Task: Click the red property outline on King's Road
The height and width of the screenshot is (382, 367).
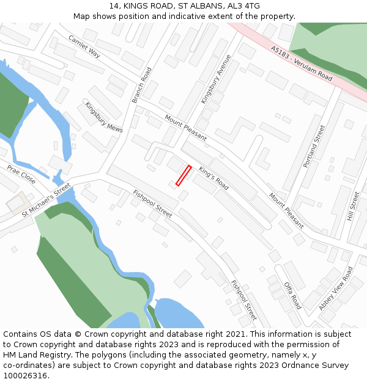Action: point(183,175)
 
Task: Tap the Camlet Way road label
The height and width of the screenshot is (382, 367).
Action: point(84,46)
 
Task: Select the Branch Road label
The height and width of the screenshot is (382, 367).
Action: point(141,85)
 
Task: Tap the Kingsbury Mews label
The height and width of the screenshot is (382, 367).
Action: point(103,117)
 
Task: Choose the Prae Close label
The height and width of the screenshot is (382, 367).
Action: point(21,174)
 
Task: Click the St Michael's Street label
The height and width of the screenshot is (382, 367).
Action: point(46,202)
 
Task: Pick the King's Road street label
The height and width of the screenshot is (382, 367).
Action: point(213,178)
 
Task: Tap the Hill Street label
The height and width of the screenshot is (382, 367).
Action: point(354,206)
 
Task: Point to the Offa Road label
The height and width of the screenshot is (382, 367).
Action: point(292,295)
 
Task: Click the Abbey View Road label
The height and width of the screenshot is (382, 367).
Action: point(336,288)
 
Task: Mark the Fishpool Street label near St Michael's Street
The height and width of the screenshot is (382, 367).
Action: point(152,204)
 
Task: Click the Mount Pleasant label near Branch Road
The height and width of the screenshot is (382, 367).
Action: point(186,128)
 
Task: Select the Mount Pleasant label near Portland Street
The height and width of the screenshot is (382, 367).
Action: point(286,210)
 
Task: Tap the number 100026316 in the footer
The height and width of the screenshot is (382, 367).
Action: point(25,375)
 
